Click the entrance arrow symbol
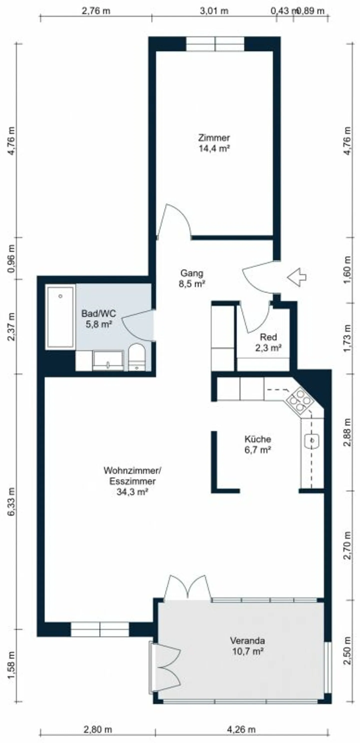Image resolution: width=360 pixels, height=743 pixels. (297, 277)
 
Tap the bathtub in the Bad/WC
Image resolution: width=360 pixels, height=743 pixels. (60, 317)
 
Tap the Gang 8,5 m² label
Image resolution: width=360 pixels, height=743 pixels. (192, 278)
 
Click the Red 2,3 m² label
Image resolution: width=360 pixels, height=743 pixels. (268, 342)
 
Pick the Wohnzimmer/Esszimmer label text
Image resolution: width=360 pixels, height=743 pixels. (132, 476)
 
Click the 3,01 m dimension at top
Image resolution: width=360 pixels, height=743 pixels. (214, 11)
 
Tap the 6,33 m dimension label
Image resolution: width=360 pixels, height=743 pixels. (11, 502)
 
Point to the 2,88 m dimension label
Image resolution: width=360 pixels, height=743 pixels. (348, 432)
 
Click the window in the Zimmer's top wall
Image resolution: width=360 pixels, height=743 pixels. (215, 44)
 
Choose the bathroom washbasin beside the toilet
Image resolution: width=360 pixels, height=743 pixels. (108, 361)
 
